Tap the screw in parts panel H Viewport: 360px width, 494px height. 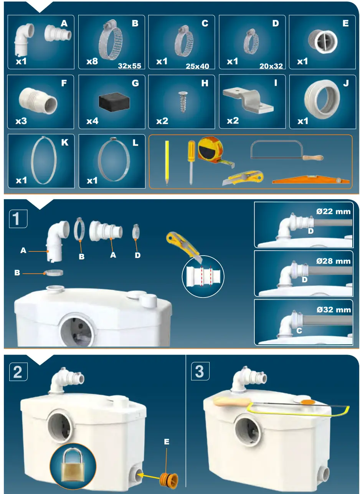[x=182, y=100]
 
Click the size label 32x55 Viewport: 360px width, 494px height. [x=130, y=66]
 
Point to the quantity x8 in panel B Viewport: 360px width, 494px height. [x=92, y=61]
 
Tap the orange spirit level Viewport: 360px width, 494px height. [x=311, y=180]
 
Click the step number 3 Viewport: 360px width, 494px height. [x=200, y=372]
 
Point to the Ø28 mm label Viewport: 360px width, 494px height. [x=333, y=261]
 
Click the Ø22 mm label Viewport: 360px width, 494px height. [x=333, y=211]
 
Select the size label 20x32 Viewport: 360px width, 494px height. [x=271, y=66]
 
